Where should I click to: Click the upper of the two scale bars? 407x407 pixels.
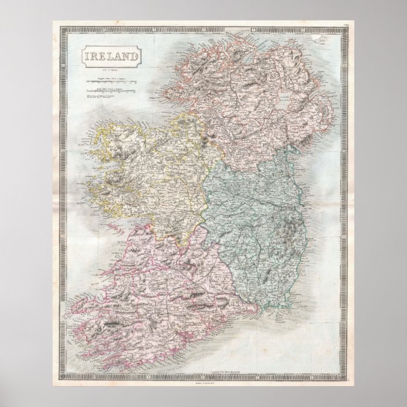(110, 82)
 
